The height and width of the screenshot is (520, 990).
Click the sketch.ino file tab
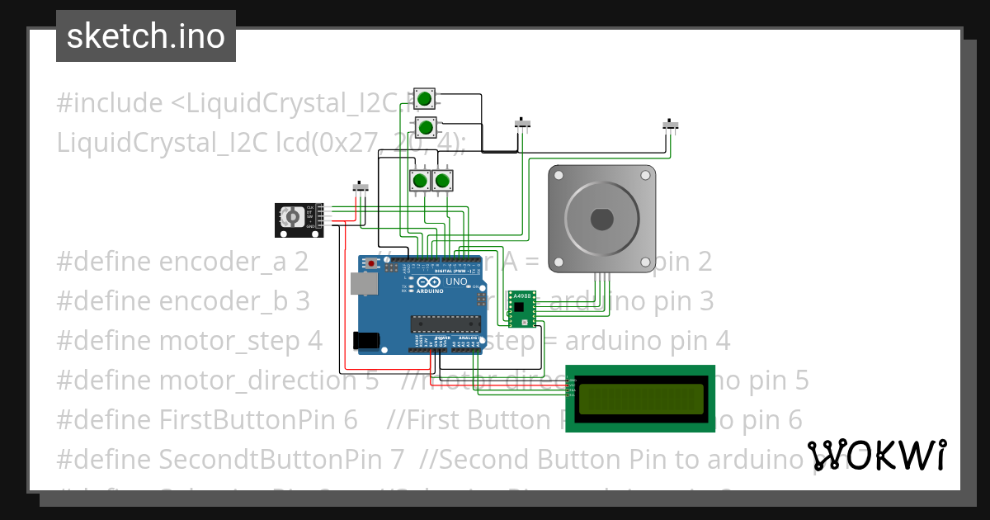[146, 36]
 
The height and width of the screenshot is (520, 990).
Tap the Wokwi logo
[877, 455]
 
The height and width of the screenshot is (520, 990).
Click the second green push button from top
[425, 128]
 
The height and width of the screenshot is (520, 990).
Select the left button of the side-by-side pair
[420, 180]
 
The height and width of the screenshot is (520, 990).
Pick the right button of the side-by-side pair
[443, 180]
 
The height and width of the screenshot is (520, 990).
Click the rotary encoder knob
[291, 217]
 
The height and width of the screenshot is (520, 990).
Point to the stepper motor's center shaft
[601, 220]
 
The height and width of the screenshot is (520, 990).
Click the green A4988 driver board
[521, 307]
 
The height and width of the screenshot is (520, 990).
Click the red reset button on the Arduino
[372, 264]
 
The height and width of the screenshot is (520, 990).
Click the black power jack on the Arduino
[365, 339]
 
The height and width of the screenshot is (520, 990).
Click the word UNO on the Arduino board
[456, 281]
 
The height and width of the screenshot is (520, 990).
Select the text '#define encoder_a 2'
[182, 262]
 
